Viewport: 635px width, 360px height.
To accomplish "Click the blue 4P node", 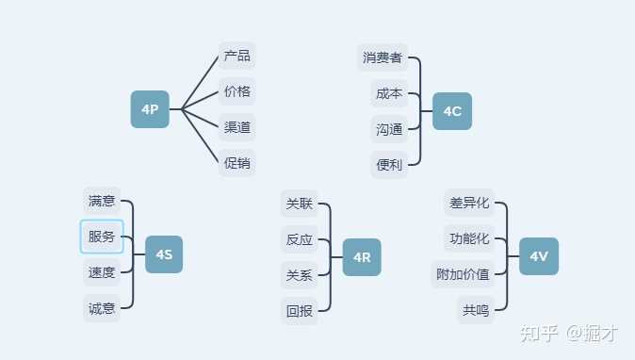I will coord(150,109).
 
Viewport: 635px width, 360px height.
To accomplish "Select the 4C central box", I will coord(452,111).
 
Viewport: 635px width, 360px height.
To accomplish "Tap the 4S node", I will coord(164,254).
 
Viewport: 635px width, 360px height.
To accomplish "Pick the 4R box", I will coord(362,257).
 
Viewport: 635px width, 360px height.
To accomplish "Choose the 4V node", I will coord(539,256).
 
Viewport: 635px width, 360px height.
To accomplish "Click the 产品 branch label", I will coord(237,56).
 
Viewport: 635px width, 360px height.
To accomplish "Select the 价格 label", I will coord(237,91).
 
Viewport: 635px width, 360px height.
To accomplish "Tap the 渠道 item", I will coord(237,127).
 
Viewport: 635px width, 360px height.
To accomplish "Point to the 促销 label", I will coord(237,163).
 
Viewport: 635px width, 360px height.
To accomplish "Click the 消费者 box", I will coord(383,57).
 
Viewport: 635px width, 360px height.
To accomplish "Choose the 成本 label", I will coord(389,93).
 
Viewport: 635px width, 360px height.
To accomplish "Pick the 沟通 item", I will coord(389,129).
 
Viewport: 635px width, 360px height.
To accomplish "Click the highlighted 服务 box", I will coord(102,237).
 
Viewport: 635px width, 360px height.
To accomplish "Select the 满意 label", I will coord(102,201).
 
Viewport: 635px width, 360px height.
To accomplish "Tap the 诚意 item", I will coord(102,308).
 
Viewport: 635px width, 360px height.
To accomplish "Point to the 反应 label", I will coord(300,239).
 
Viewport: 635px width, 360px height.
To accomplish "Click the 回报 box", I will coord(300,311).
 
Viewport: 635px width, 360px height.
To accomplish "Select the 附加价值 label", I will coord(463,274).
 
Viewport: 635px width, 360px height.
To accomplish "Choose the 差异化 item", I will coord(469,203).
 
